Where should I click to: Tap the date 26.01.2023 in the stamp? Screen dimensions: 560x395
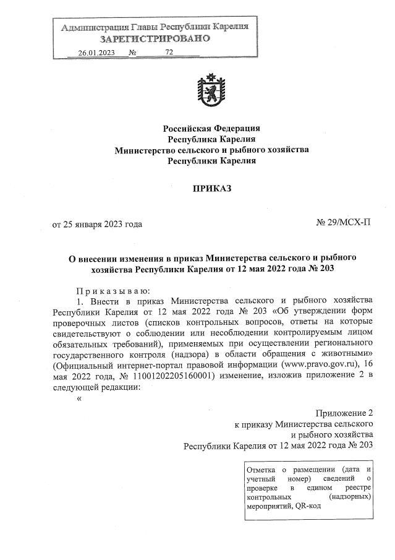coord(98,53)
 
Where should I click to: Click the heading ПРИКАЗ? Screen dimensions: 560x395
coord(211,188)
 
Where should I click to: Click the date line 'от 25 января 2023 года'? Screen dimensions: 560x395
coord(97,224)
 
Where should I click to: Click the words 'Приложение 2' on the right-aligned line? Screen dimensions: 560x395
coord(344,412)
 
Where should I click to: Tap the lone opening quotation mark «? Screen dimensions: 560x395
coord(79,398)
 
